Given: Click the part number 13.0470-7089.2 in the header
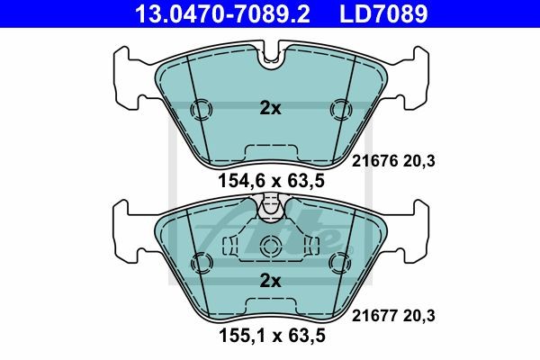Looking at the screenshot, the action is click(222, 13).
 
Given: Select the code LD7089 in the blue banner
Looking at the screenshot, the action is click(383, 13).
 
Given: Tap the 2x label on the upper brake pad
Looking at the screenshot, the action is click(270, 109).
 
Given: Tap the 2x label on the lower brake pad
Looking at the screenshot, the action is click(270, 281).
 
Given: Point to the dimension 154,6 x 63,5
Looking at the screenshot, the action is click(272, 181).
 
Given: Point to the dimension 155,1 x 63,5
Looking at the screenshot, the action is click(272, 336).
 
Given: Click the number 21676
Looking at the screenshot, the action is click(374, 161).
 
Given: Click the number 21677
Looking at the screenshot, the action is click(374, 316).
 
